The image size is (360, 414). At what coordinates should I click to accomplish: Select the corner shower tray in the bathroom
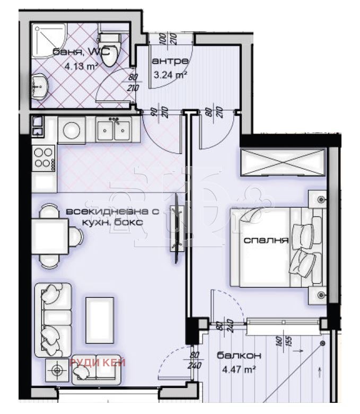(48, 37)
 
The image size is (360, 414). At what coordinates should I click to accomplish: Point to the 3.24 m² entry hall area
(170, 75)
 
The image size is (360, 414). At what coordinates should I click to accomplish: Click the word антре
(170, 60)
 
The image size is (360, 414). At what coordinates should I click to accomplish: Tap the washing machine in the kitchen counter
(71, 130)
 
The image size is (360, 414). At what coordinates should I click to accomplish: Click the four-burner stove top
(43, 157)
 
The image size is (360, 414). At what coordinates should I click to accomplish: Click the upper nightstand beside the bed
(320, 199)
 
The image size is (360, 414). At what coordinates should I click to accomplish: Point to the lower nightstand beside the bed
(320, 295)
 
